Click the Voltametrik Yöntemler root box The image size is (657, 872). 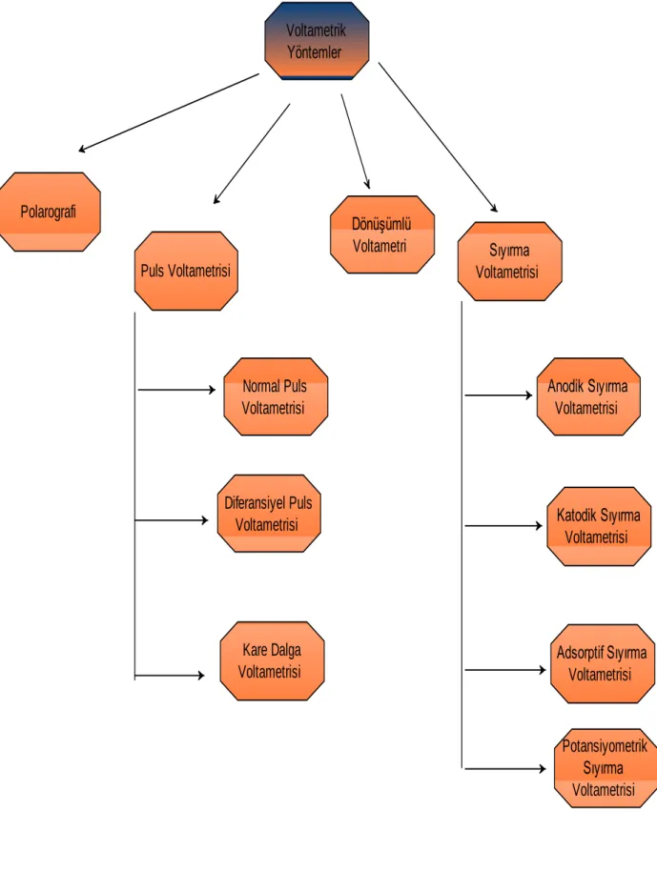click(317, 41)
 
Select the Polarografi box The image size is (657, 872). click(50, 212)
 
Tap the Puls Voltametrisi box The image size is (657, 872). click(186, 271)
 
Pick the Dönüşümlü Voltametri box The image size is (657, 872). click(382, 234)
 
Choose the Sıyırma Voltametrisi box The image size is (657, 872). click(509, 261)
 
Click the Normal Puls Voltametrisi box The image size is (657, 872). click(276, 396)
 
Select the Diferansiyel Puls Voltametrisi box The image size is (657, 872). click(269, 514)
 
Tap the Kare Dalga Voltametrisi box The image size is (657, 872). click(272, 660)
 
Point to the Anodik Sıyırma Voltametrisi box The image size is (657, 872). click(588, 396)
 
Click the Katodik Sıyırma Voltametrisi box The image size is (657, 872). click(599, 526)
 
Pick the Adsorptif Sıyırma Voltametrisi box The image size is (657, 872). click(603, 663)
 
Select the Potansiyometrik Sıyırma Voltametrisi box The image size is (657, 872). click(606, 768)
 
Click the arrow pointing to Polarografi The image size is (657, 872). click(169, 112)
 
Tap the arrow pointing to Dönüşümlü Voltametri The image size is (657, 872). click(356, 141)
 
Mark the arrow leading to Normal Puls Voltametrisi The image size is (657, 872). click(177, 390)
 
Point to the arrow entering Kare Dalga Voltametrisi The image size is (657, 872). click(170, 676)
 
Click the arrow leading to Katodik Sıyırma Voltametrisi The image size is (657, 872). click(503, 525)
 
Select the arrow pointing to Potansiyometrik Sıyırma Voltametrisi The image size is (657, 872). click(505, 768)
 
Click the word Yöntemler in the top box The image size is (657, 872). click(315, 52)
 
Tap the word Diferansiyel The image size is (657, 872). click(255, 503)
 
